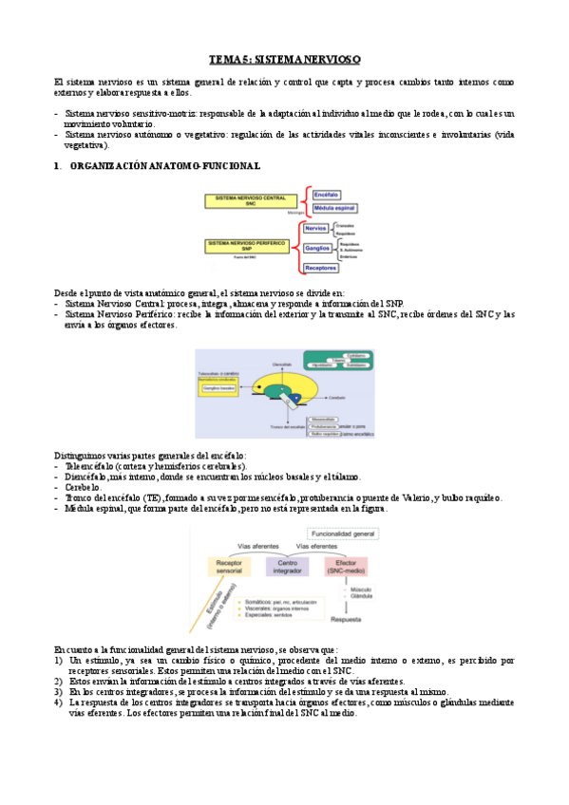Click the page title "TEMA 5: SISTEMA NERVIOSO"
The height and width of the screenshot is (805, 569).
pos(284,60)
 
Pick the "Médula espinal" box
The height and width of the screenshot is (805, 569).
pos(334,209)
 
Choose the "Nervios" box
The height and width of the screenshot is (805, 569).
pos(316,228)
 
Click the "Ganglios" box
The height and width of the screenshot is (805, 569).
pos(317,248)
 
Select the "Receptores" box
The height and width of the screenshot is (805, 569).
pos(323,269)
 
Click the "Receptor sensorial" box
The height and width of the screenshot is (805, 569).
pos(228,567)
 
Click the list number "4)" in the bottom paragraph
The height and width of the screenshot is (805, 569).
pos(59,702)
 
